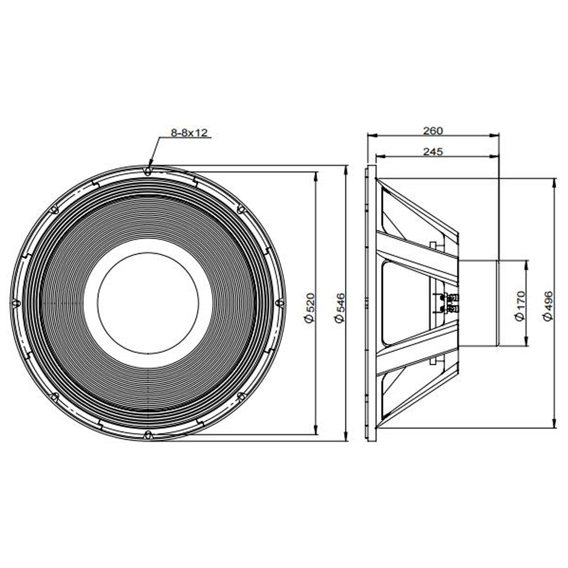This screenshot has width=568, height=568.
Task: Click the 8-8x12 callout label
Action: click(x=189, y=133)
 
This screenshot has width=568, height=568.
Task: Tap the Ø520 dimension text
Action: click(x=310, y=307)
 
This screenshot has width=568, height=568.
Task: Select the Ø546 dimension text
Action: click(x=340, y=307)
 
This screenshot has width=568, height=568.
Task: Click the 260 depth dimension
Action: click(x=433, y=131)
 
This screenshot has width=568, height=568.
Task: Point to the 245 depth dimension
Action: click(x=433, y=152)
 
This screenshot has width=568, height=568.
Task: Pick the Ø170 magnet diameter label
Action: click(x=520, y=306)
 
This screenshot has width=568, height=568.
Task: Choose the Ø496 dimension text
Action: click(x=548, y=306)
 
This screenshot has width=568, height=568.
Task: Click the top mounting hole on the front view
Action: click(x=148, y=170)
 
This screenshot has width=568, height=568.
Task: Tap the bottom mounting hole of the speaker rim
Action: click(x=148, y=435)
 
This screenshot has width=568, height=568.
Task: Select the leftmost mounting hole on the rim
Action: click(x=15, y=303)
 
